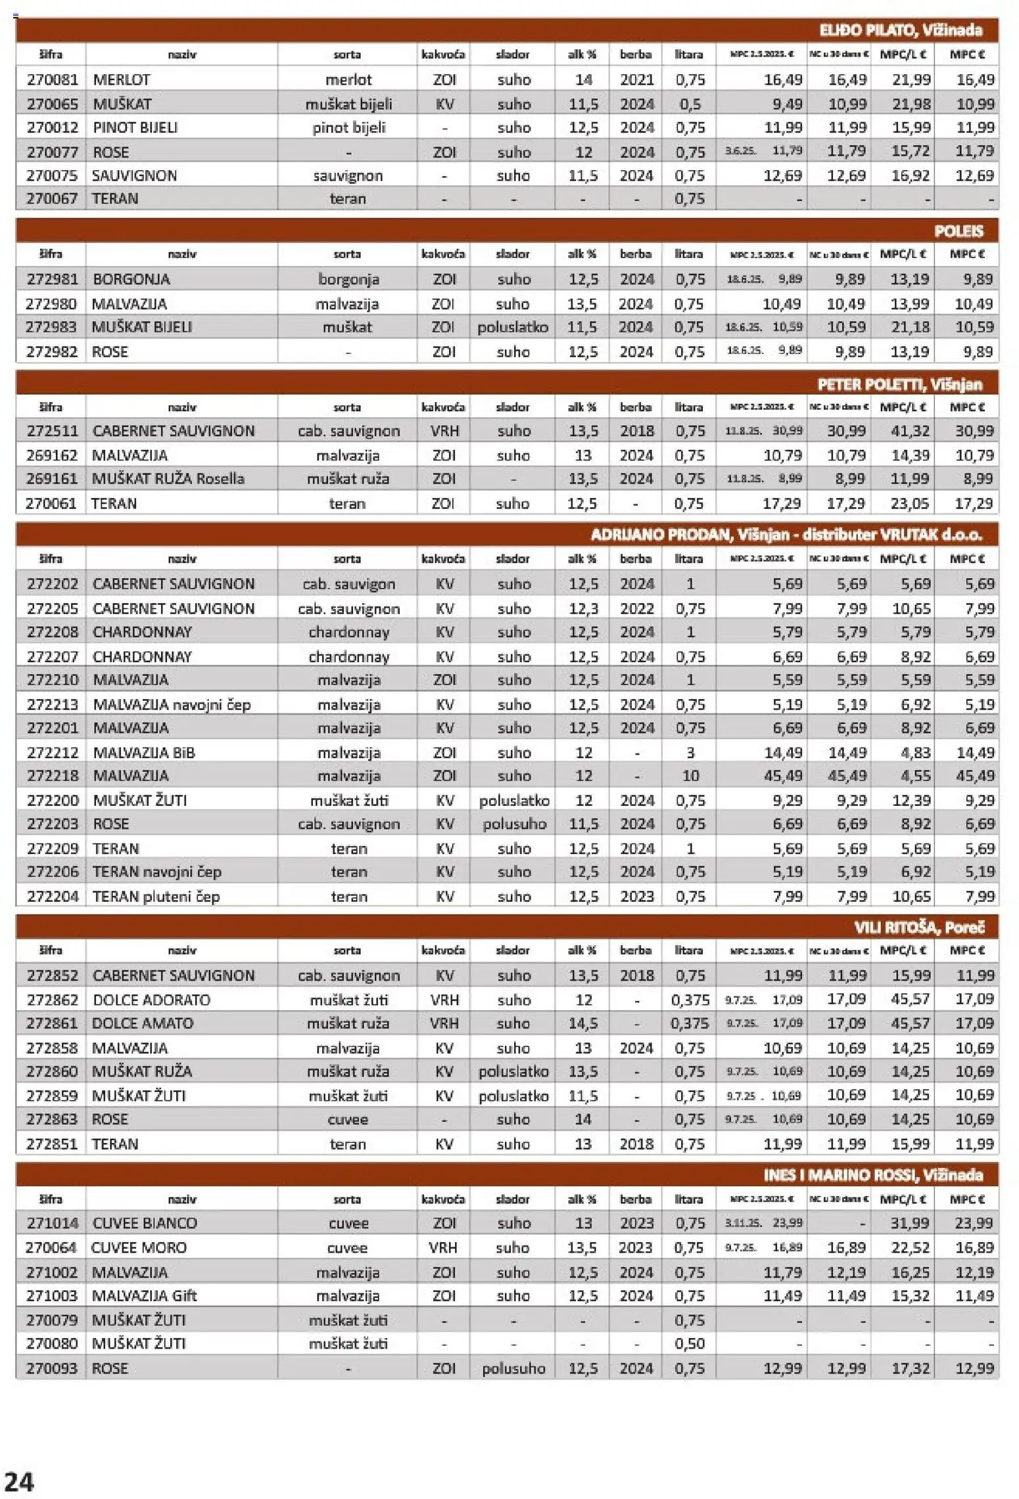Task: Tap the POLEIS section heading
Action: (958, 231)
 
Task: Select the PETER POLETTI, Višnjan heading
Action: (899, 384)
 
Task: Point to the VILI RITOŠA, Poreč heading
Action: (918, 927)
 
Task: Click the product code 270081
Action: (52, 79)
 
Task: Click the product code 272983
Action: (52, 326)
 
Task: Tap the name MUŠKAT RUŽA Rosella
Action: (168, 478)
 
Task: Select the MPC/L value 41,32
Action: (910, 431)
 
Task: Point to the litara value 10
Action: (690, 776)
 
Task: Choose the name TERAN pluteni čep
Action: (156, 896)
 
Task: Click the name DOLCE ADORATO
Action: (151, 1000)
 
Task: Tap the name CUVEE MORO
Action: (139, 1247)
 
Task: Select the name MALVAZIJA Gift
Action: (144, 1295)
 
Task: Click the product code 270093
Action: (52, 1368)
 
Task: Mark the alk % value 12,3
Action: (583, 608)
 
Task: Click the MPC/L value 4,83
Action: (914, 752)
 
